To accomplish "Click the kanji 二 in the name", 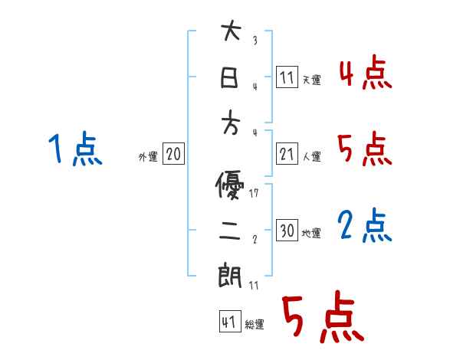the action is (x=231, y=231).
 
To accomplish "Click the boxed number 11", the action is (x=287, y=77).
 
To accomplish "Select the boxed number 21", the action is (x=287, y=154).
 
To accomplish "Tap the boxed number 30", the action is (x=287, y=231).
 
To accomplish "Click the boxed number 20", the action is (x=173, y=154).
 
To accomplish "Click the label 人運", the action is (x=310, y=156).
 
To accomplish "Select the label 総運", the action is (x=254, y=325).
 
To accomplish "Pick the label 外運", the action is (x=147, y=156).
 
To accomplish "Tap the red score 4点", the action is (x=364, y=74).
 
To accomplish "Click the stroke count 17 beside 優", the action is (x=255, y=193).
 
